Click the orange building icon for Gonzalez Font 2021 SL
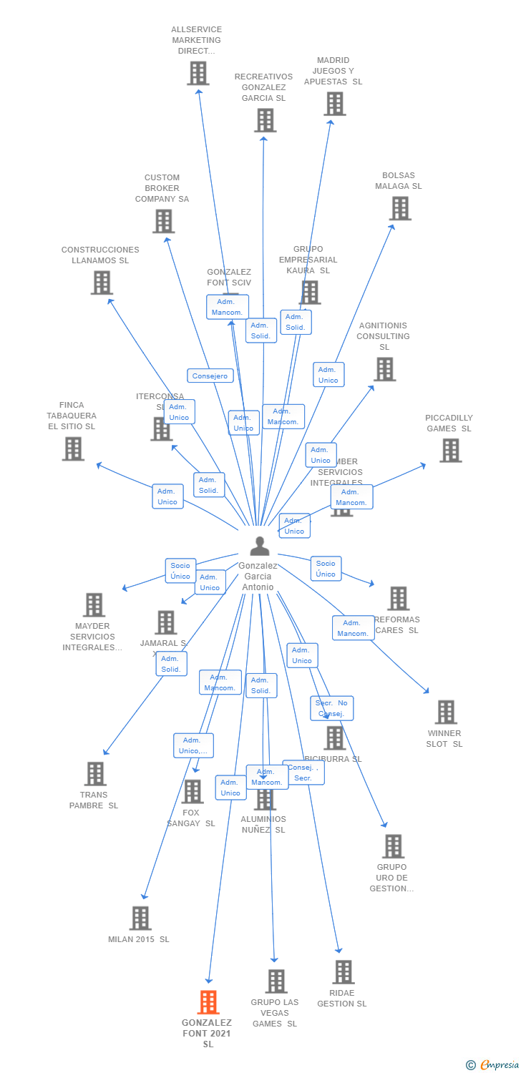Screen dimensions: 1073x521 [x=208, y=1002]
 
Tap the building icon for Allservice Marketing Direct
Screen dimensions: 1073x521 [x=198, y=73]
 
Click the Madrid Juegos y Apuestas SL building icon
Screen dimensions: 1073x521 [x=334, y=104]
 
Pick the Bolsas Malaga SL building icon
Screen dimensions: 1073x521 [x=399, y=208]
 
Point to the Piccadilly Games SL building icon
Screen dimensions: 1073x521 [x=450, y=451]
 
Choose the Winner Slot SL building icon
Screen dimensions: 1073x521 [x=446, y=712]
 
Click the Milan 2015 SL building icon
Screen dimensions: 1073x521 [x=140, y=918]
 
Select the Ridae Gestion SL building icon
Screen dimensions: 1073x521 [x=343, y=972]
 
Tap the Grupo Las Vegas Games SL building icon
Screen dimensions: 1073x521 [x=276, y=981]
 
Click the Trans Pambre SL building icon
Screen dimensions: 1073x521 [x=95, y=774]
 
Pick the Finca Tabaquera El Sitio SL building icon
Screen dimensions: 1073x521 [x=72, y=449]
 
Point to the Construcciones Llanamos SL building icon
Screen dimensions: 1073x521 [x=102, y=283]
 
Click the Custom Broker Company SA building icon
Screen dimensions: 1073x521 [x=163, y=221]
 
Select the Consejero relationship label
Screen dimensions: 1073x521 [x=210, y=376]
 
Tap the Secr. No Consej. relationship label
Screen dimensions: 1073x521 [x=331, y=708]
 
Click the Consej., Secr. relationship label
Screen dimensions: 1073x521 [x=303, y=773]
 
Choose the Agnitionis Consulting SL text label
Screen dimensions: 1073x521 [x=384, y=336]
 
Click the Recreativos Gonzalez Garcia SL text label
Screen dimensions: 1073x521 [x=263, y=87]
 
